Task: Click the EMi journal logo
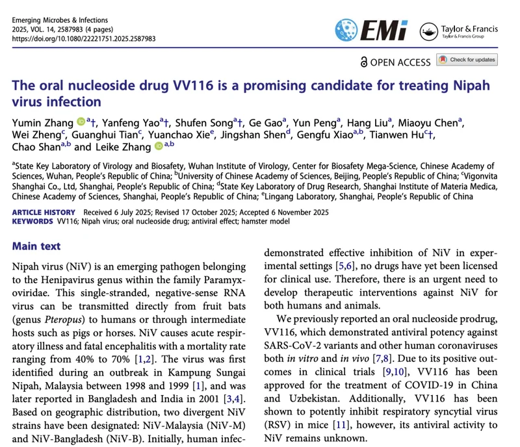371,30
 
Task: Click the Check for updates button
467,60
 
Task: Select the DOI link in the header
84,38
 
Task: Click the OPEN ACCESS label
393,62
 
